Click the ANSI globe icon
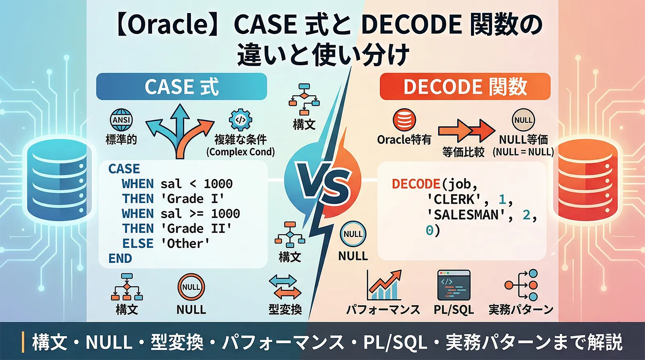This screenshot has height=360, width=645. tap(121, 120)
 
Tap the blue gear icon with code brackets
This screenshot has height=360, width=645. tap(240, 120)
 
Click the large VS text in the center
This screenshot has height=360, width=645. tap(323, 186)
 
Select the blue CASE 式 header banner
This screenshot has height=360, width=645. tap(181, 87)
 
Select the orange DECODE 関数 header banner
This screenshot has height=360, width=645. tap(465, 87)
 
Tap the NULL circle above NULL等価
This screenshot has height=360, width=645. tap(523, 120)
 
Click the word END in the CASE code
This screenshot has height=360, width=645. tap(120, 258)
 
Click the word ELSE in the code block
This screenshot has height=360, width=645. tap(138, 243)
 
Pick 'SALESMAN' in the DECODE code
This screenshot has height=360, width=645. tap(466, 215)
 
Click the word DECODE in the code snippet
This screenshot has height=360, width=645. tap(416, 184)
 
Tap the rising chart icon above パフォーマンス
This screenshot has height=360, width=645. tap(384, 285)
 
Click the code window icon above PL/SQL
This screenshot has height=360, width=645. tap(454, 285)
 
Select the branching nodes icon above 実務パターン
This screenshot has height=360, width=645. tap(522, 285)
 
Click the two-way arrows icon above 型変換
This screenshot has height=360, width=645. tap(285, 287)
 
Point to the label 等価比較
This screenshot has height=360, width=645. tap(463, 152)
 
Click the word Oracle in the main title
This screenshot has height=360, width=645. tap(169, 25)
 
